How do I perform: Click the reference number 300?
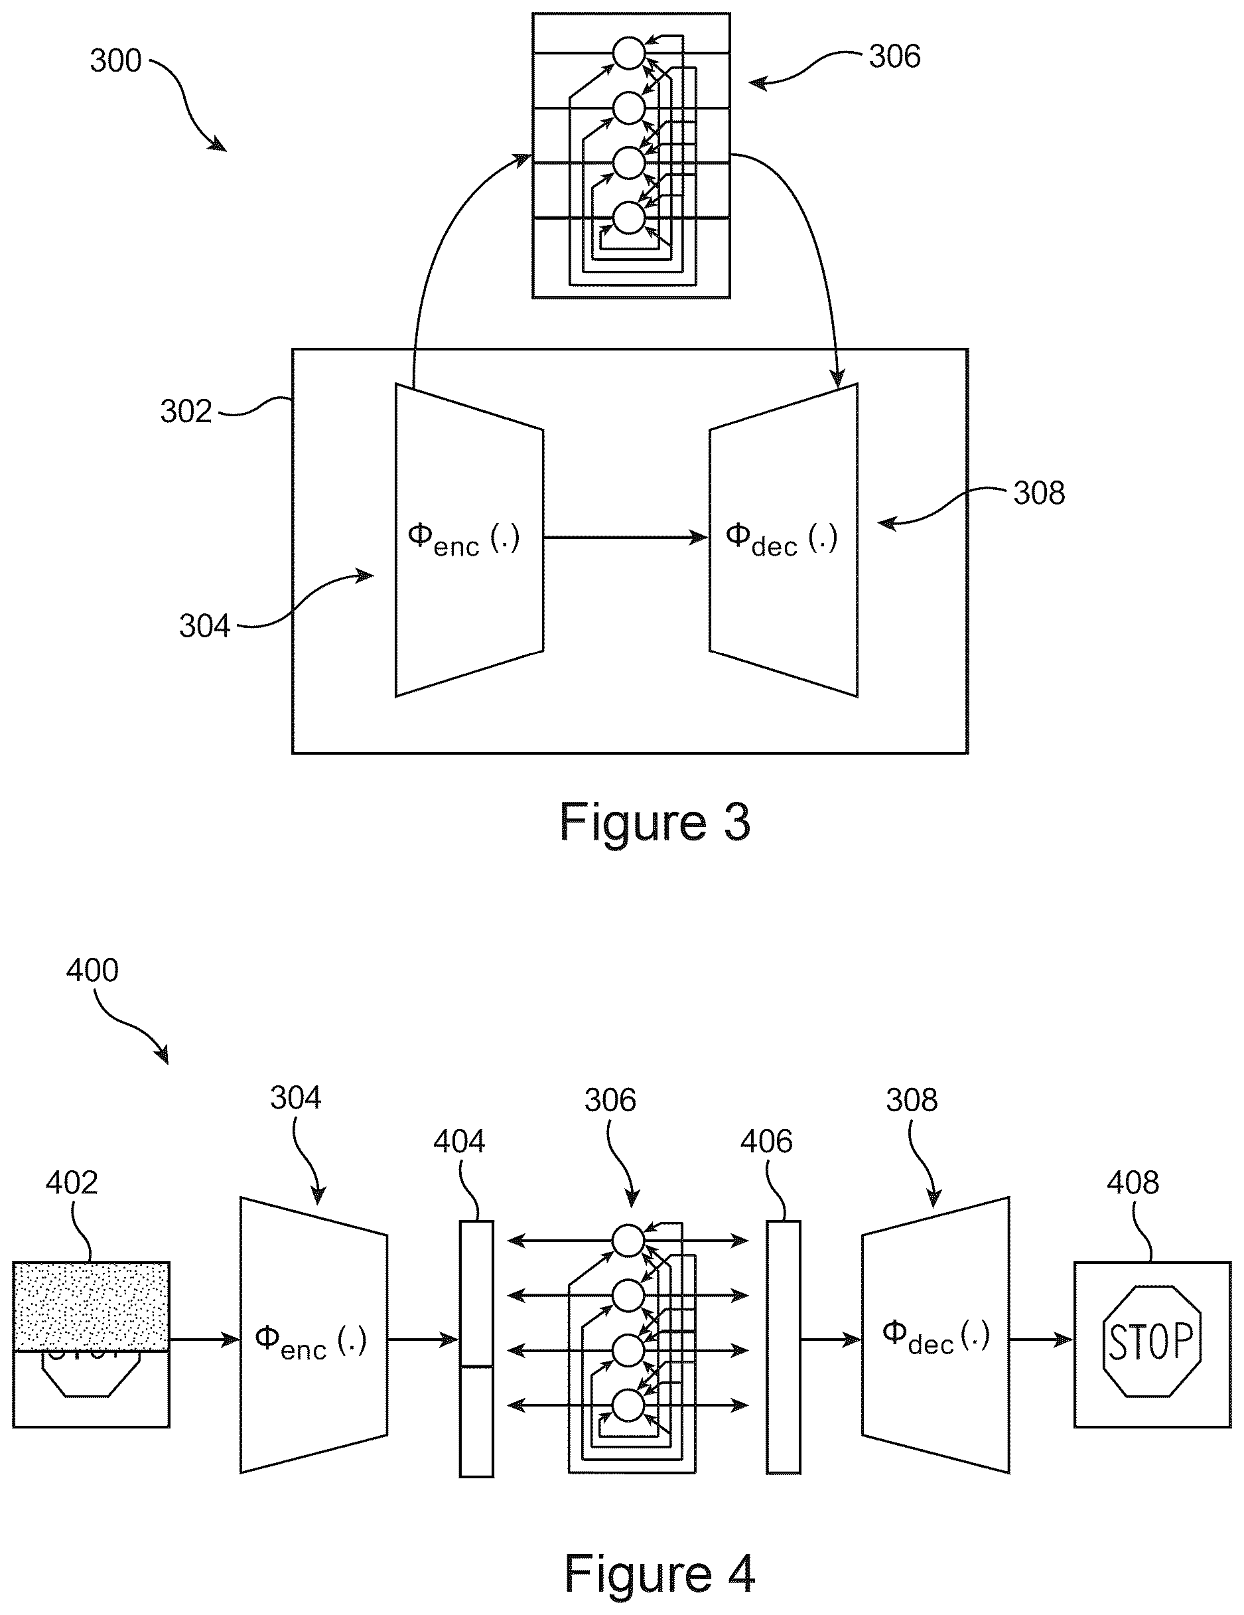click(115, 60)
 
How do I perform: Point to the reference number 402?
click(71, 1182)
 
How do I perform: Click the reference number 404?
click(459, 1142)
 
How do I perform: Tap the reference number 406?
click(766, 1142)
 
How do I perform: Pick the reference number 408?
click(1133, 1182)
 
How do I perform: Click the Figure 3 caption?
click(654, 822)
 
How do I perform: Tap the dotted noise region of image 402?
click(91, 1306)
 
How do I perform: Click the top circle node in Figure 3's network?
click(629, 53)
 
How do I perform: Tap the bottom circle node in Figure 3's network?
click(629, 218)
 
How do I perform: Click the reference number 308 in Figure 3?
click(1038, 493)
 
